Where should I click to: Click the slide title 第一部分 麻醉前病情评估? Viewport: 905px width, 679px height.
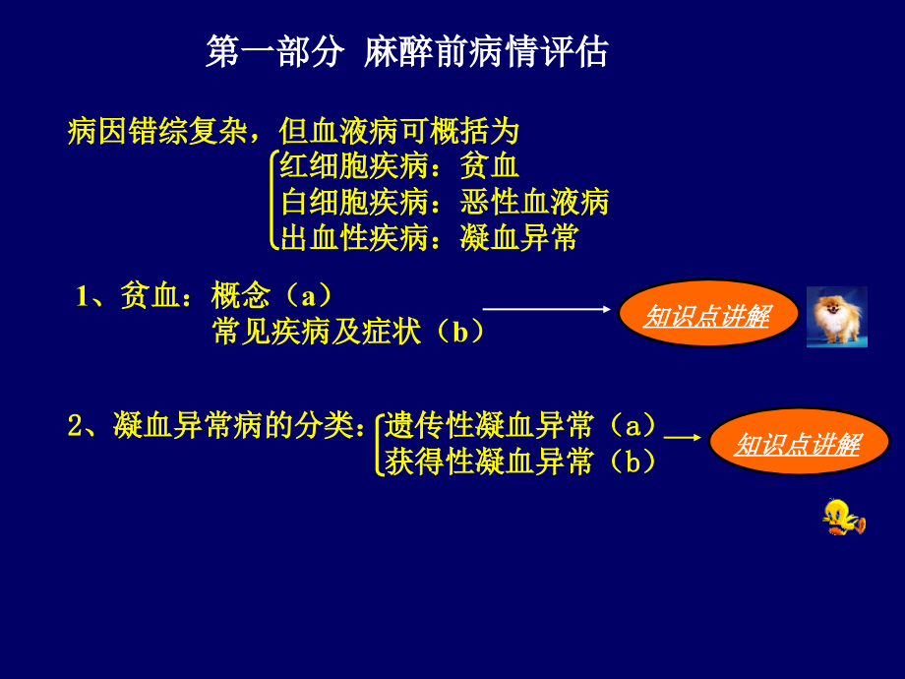[x=407, y=52]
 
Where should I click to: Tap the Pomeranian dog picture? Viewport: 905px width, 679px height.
[x=836, y=317]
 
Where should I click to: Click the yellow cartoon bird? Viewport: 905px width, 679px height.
[x=842, y=516]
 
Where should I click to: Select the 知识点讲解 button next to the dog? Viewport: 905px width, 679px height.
[x=707, y=316]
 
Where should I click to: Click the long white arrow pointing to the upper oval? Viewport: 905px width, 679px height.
[x=547, y=309]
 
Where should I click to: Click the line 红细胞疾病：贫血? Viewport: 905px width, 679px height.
[x=399, y=167]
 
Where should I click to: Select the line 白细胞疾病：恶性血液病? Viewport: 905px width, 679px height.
[x=445, y=203]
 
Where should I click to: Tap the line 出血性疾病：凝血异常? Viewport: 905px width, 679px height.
[x=429, y=238]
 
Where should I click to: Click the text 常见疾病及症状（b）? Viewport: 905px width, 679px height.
[x=348, y=332]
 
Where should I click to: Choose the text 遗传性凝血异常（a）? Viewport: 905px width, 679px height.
[x=520, y=425]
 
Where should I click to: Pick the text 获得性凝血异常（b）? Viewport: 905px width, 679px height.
[x=520, y=461]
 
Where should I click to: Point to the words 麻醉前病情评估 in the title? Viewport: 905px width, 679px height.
[x=486, y=52]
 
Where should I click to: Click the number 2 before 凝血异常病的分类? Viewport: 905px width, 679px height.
[x=76, y=426]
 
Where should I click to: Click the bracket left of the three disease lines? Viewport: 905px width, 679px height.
[x=272, y=201]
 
